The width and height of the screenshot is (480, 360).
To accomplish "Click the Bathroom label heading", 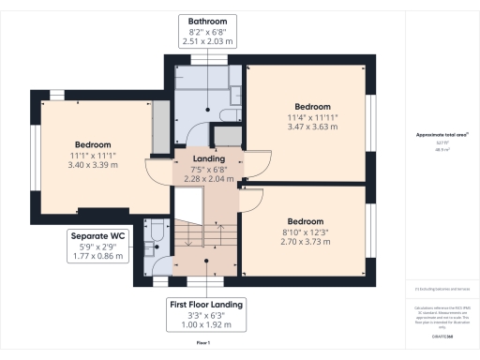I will [207, 20].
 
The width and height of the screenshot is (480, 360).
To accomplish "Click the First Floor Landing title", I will [207, 305].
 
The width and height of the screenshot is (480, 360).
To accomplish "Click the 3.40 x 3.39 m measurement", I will [93, 165].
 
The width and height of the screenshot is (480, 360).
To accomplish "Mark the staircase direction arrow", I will [218, 230].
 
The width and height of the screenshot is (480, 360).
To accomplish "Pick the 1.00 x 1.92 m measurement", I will [207, 325].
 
